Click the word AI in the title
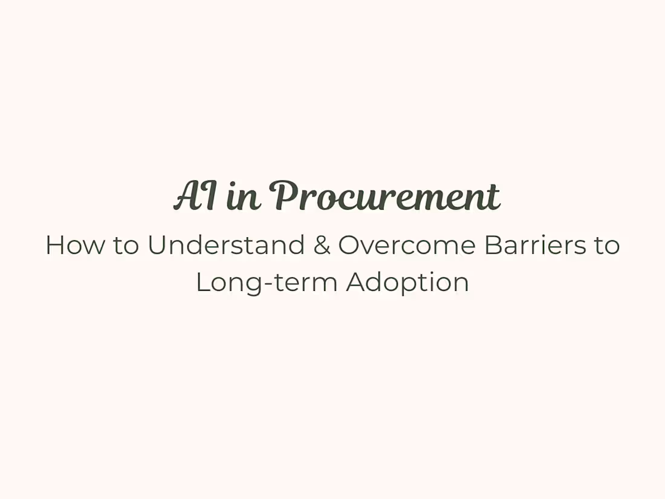[x=195, y=197]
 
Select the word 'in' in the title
[x=244, y=198]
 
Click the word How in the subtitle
[x=70, y=246]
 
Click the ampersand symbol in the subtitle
[x=322, y=246]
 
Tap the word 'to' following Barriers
[x=606, y=246]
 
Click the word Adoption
[x=407, y=283]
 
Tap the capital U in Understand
[x=156, y=246]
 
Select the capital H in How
[x=54, y=246]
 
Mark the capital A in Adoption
[x=356, y=282]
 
